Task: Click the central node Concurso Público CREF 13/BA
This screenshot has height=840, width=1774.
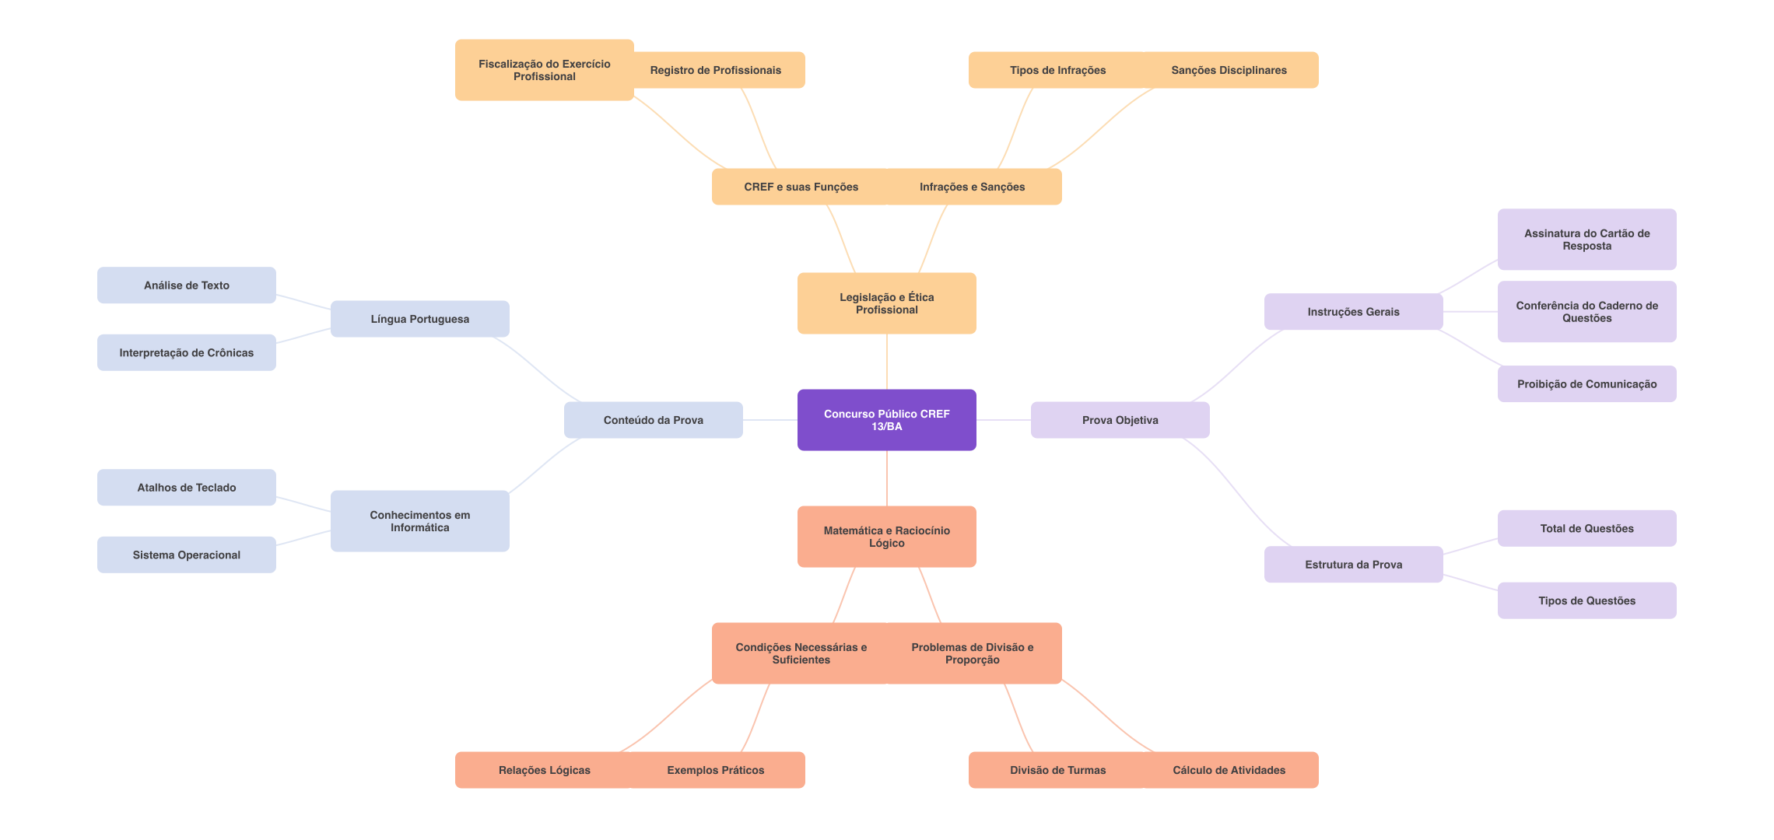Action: click(x=886, y=420)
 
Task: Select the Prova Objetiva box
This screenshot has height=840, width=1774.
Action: click(x=1120, y=420)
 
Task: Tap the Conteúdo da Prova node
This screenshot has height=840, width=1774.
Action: click(x=653, y=420)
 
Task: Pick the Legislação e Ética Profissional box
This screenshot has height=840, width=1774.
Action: click(x=886, y=303)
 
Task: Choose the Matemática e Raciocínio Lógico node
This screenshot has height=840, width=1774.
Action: click(x=886, y=537)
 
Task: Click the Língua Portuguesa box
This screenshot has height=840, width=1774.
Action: click(x=419, y=319)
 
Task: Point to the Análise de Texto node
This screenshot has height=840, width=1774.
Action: click(x=186, y=285)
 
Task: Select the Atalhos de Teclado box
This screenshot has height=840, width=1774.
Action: click(x=186, y=488)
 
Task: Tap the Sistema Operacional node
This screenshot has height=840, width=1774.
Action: click(x=186, y=555)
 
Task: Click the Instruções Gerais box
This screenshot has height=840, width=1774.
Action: click(x=1353, y=312)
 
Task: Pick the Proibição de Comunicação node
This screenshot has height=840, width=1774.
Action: click(x=1586, y=384)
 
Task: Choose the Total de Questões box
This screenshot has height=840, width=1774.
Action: click(x=1586, y=528)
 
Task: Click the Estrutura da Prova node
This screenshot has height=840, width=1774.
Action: click(x=1353, y=565)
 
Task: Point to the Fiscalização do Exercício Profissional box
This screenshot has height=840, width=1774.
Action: click(x=544, y=70)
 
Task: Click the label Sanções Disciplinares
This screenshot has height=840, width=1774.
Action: click(x=1229, y=70)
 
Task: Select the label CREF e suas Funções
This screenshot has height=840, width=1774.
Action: click(x=801, y=187)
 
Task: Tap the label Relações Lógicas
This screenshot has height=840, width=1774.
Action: click(x=544, y=770)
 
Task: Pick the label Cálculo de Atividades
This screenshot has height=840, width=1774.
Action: click(x=1229, y=770)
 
